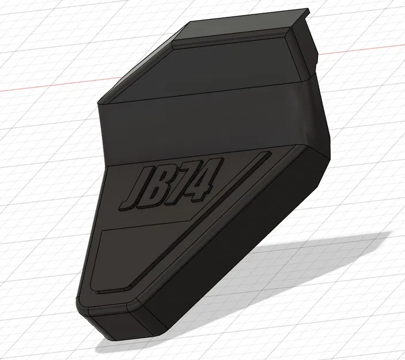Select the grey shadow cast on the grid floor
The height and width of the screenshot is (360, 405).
pyautogui.click(x=288, y=271)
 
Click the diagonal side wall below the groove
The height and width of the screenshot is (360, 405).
pyautogui.click(x=242, y=248)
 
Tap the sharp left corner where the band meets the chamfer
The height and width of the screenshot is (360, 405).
pyautogui.click(x=101, y=107)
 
